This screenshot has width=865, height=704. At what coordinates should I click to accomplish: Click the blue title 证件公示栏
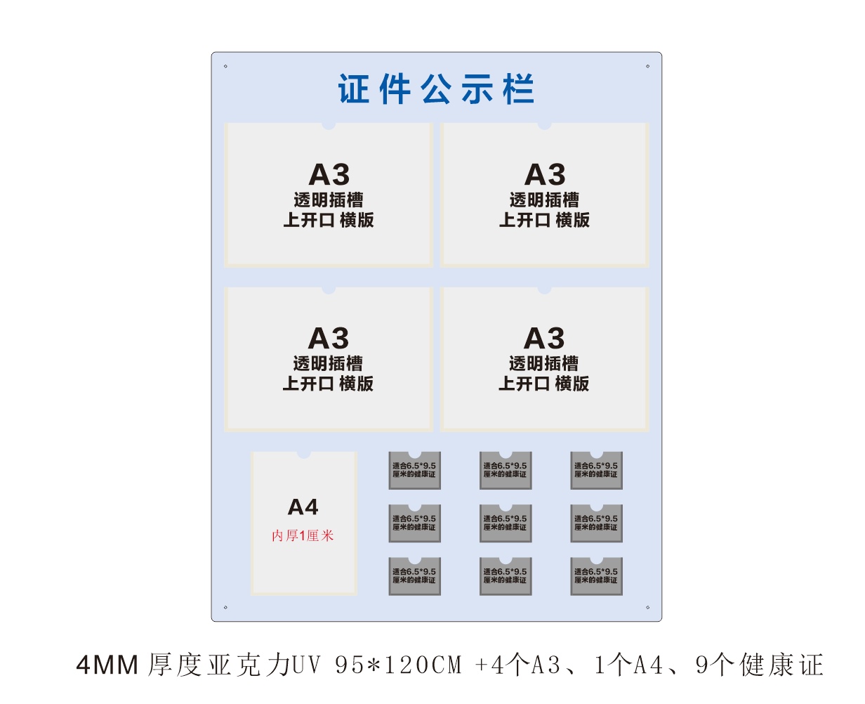[436, 89]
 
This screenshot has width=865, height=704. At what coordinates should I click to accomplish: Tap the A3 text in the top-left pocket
[329, 174]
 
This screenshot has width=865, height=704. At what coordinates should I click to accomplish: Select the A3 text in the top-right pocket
[545, 174]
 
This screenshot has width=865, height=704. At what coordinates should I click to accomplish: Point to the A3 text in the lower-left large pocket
[329, 338]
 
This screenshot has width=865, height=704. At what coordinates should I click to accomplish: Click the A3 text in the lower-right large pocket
[544, 338]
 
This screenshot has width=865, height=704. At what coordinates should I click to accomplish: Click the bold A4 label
[303, 507]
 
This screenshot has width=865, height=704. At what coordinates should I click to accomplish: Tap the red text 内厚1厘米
[303, 536]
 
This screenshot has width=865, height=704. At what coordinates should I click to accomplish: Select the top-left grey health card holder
[414, 470]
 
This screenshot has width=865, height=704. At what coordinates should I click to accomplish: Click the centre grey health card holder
[506, 523]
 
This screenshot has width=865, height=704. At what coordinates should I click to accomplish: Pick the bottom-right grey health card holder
[596, 576]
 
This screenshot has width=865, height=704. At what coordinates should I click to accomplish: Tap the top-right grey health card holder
[596, 470]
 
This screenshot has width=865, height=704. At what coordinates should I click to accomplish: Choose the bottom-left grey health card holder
[414, 576]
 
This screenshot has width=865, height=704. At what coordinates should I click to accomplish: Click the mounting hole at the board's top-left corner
[225, 67]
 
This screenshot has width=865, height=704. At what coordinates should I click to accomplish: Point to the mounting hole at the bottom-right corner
[647, 608]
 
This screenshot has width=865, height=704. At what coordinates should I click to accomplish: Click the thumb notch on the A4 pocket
[303, 455]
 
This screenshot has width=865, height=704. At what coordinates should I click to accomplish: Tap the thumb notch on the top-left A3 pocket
[329, 126]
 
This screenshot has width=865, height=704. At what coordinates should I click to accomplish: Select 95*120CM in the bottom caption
[399, 665]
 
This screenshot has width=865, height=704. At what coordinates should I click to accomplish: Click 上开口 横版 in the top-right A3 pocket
[545, 220]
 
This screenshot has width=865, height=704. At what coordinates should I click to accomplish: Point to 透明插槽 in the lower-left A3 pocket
[329, 363]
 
